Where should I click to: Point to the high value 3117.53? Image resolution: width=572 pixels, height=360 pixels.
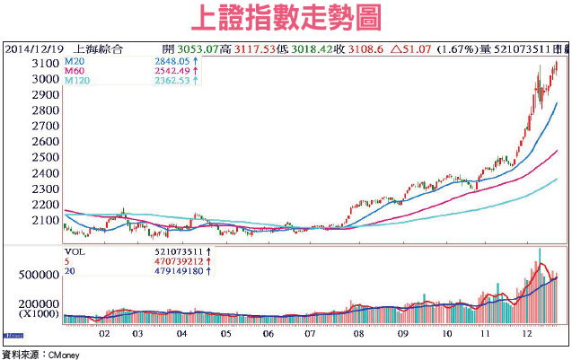(254, 48)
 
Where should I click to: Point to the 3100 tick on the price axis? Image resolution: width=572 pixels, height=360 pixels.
(43, 65)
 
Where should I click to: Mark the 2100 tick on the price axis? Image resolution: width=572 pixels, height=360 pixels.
(43, 220)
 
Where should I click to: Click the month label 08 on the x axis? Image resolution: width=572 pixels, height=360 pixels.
(358, 332)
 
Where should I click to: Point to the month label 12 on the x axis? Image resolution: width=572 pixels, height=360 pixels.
(529, 332)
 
